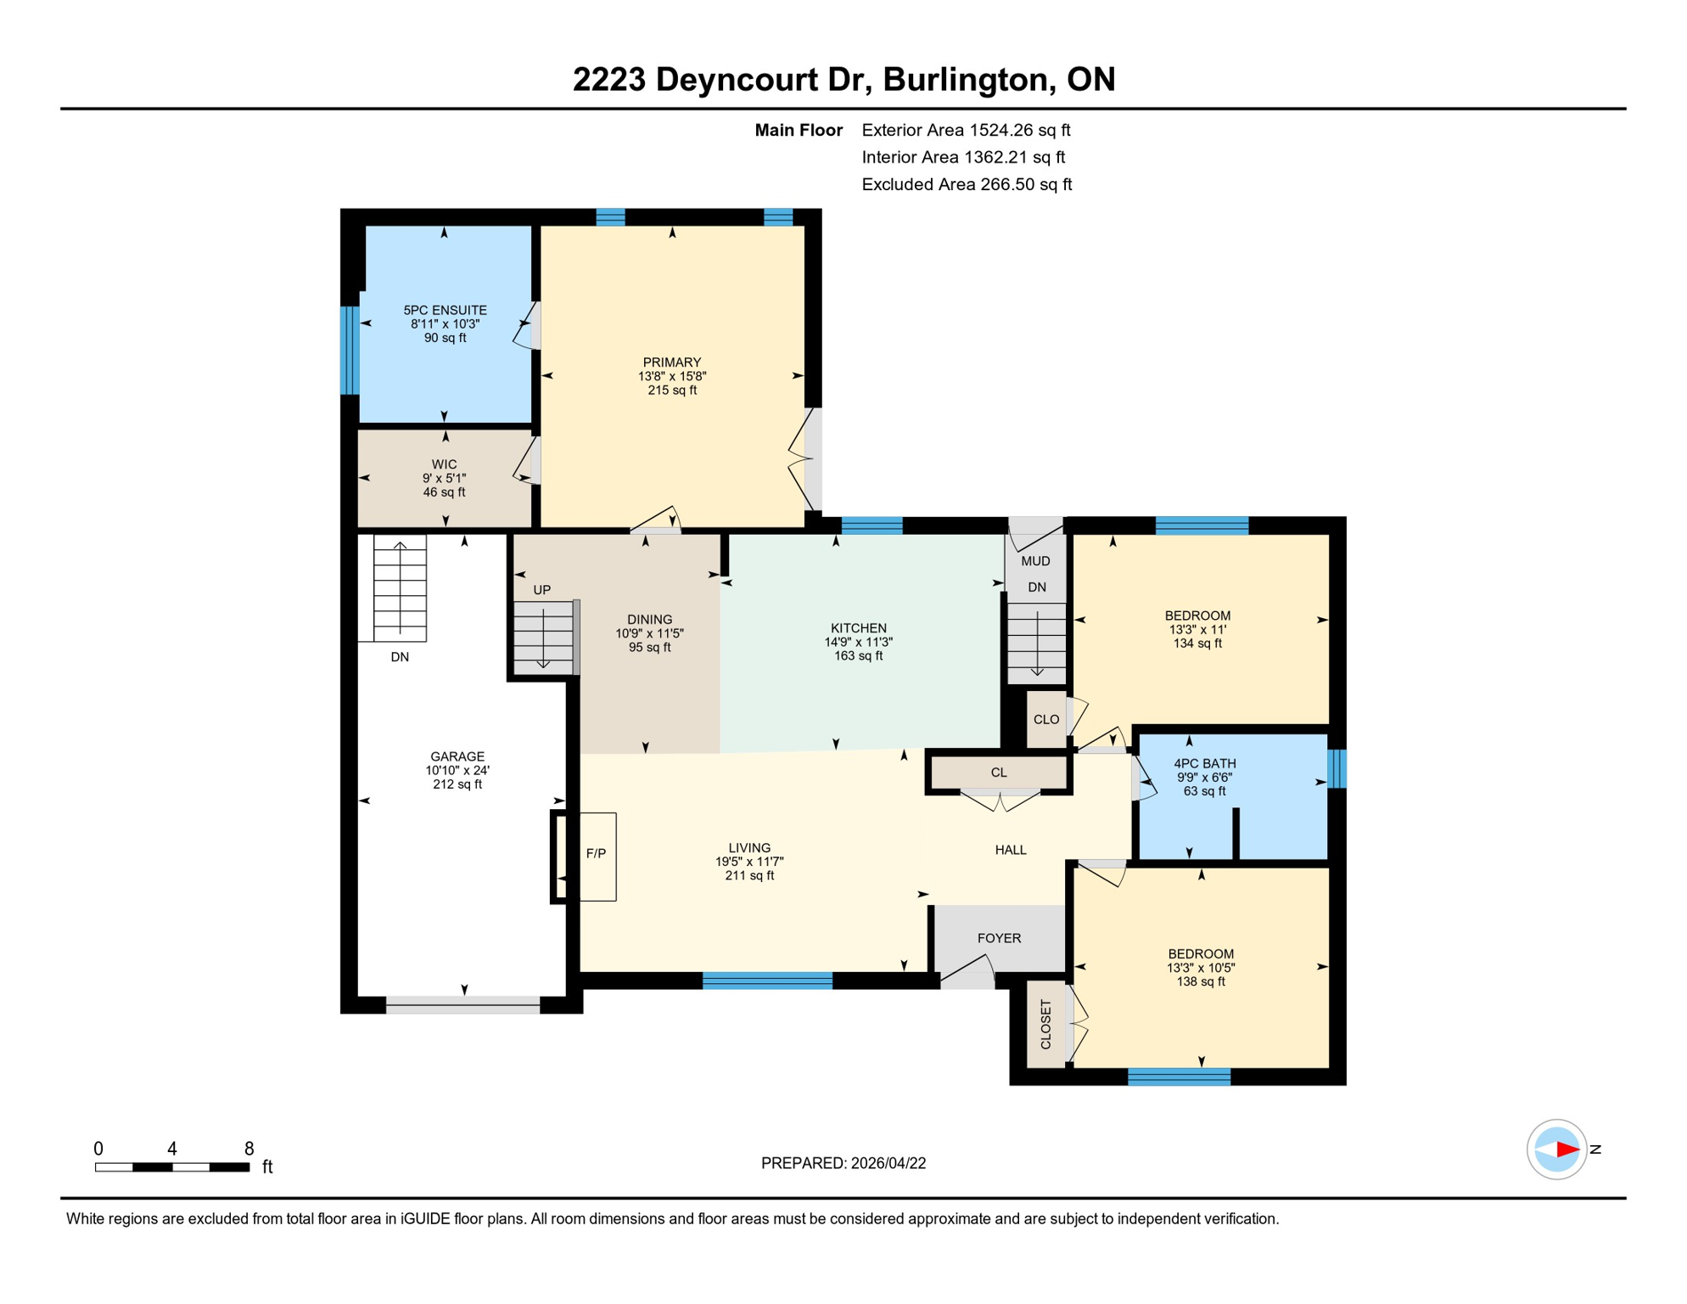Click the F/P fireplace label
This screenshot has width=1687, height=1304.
pos(596,853)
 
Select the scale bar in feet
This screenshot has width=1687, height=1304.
pos(172,1167)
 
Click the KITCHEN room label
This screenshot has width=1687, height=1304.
pos(858,628)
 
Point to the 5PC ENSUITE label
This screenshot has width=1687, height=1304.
pos(445,311)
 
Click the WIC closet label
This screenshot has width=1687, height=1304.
pos(444,464)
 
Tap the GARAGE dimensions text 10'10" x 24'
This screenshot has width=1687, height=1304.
pos(457,771)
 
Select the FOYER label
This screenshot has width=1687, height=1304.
pos(999,938)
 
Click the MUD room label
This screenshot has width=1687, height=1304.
pos(1035,561)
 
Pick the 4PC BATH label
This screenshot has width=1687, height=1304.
pos(1204,763)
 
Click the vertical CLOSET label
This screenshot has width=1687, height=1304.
pos(1045,1024)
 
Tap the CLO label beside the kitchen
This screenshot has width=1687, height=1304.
pos(1045,719)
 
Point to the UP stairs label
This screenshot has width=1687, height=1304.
pos(541,590)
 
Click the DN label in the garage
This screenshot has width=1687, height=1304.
pos(400,657)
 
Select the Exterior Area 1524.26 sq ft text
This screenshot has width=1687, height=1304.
pos(966,130)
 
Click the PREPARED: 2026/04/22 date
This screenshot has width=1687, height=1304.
pos(843,1163)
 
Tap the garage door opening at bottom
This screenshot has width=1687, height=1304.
pos(462,1005)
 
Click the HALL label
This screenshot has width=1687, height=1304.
pos(1010,850)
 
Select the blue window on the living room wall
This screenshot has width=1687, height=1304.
pos(767,981)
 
